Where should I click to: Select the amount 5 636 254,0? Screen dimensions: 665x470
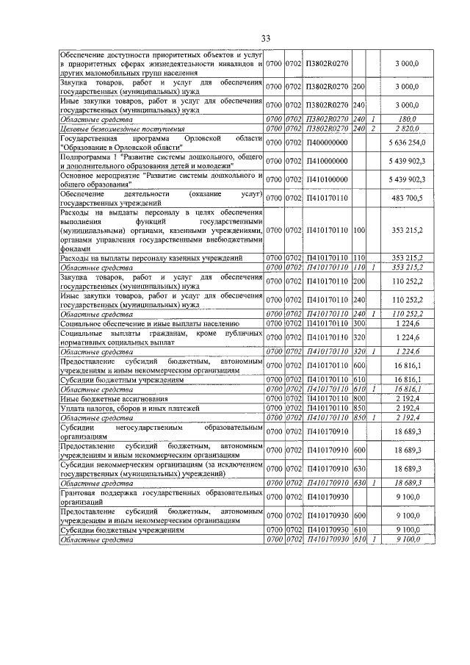tap(406, 142)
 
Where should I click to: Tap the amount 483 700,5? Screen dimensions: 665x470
tap(406, 198)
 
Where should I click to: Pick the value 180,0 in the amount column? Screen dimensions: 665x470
tap(406, 119)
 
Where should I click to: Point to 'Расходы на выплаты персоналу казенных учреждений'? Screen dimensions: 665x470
tap(151, 259)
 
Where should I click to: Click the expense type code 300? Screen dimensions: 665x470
tap(360, 323)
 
